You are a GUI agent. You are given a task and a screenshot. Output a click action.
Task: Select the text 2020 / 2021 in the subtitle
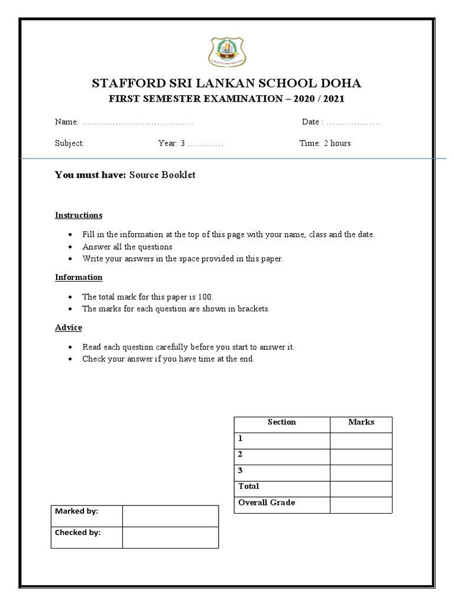[316, 99]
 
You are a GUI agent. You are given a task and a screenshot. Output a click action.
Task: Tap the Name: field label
[67, 122]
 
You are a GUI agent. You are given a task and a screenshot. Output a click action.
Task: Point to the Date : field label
[313, 122]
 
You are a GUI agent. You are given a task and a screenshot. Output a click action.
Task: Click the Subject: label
[70, 143]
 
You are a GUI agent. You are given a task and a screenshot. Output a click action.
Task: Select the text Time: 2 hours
[325, 143]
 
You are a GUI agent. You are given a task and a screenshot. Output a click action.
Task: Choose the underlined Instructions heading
[79, 215]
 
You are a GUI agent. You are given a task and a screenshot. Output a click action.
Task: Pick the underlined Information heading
[79, 277]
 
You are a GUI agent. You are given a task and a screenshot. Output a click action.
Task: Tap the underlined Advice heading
[69, 327]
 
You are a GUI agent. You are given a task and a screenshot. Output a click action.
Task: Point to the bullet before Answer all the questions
[70, 247]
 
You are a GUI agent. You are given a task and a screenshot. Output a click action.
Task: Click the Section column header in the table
[281, 423]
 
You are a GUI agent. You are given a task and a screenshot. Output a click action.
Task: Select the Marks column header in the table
[361, 423]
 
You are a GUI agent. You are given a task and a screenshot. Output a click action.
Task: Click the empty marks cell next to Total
[361, 489]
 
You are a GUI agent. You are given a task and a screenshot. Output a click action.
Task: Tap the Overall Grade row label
[266, 502]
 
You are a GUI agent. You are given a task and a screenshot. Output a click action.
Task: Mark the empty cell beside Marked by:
[170, 515]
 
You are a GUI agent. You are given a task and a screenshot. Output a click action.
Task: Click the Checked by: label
[78, 533]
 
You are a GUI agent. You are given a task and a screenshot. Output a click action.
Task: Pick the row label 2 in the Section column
[241, 454]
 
